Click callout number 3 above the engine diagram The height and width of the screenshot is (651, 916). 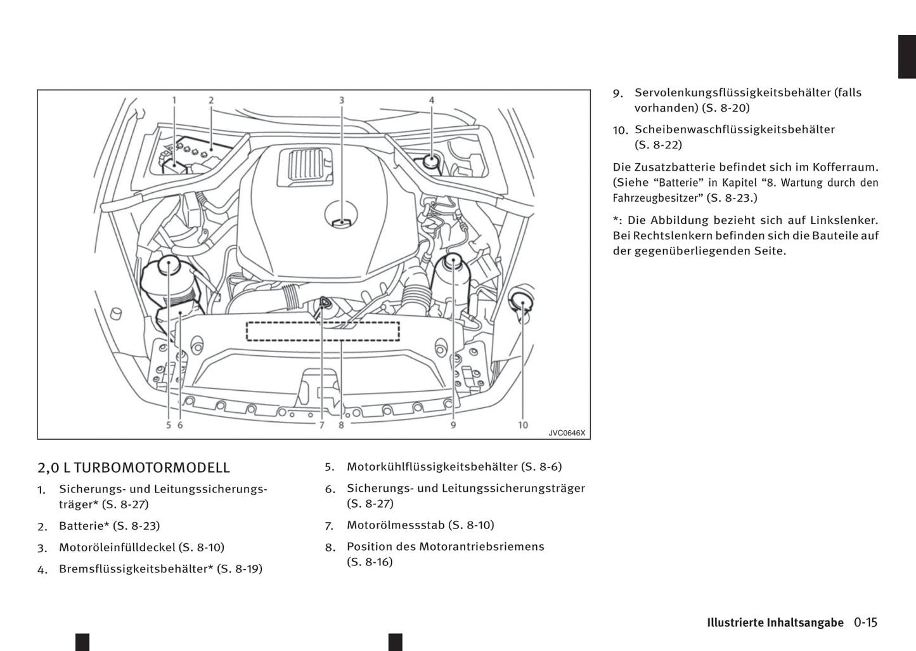(x=342, y=100)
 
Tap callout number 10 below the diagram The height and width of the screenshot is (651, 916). (x=522, y=424)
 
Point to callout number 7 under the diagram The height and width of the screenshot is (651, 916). (x=321, y=425)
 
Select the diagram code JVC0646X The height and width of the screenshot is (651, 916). (x=567, y=433)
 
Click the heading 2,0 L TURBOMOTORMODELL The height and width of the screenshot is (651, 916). (x=134, y=468)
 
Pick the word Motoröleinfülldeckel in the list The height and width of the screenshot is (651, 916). (x=117, y=548)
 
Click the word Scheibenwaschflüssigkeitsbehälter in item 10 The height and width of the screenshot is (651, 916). (x=735, y=129)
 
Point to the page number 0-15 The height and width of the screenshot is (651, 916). (x=865, y=622)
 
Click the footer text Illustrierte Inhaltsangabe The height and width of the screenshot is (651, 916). (x=775, y=622)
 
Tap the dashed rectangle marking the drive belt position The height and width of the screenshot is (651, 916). (x=323, y=331)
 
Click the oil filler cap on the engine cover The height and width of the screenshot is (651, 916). (x=342, y=216)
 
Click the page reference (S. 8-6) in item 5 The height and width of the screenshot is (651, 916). (x=541, y=467)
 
